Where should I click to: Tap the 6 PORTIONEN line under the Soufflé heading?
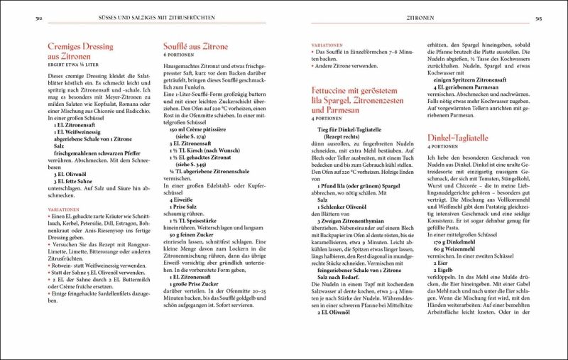[x=178, y=55]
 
